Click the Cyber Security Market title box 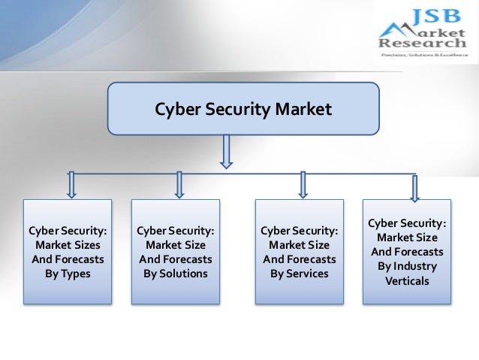[x=243, y=110]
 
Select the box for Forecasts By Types [x=68, y=251]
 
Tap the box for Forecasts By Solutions [x=176, y=251]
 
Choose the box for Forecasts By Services [x=300, y=251]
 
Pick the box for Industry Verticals [x=408, y=251]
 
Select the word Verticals [x=408, y=281]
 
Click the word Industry [x=417, y=266]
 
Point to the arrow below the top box [x=227, y=152]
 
